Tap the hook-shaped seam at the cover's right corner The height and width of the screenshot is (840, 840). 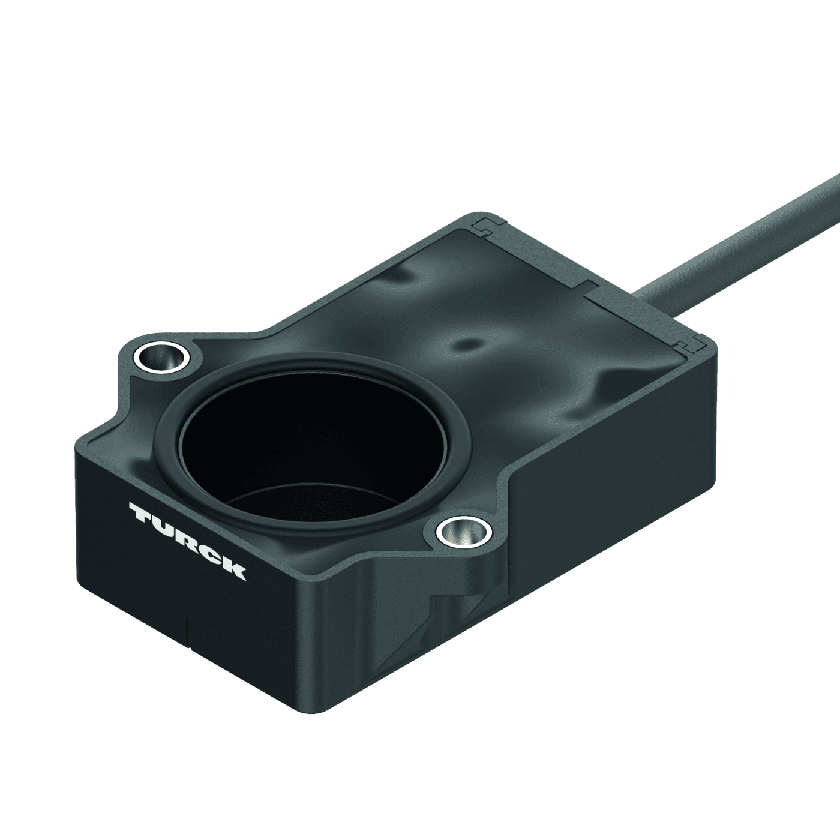click(x=690, y=344)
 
